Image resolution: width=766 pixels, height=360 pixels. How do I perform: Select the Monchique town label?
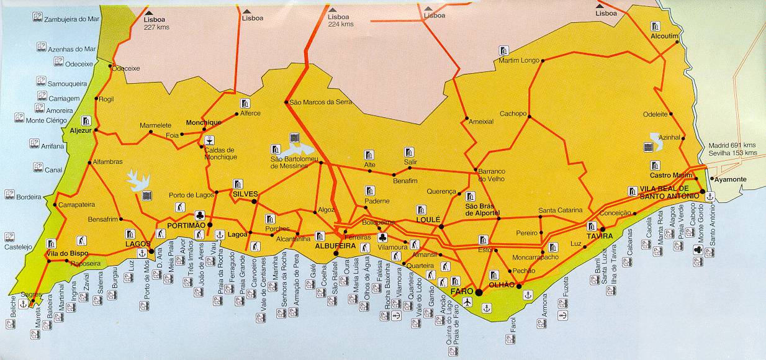coord(204,123)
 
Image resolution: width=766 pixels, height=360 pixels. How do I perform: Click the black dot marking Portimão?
coord(210,225)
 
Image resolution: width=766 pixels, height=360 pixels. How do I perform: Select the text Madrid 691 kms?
coord(732,145)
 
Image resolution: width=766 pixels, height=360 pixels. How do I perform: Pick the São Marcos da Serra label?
coord(315,102)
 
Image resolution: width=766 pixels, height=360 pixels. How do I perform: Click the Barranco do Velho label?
coord(490,174)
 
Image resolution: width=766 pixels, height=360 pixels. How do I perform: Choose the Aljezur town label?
coord(81,131)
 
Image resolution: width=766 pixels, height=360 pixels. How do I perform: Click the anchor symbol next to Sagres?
coord(24,304)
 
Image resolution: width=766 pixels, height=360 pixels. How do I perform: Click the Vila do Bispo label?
coord(67,254)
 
